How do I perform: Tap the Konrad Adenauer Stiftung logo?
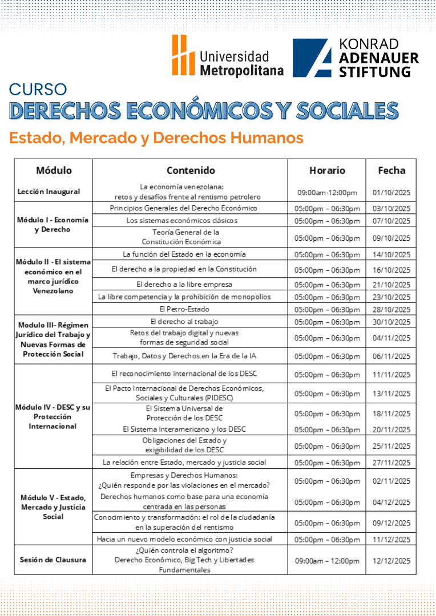coord(355,58)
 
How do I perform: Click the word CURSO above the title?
coord(38,90)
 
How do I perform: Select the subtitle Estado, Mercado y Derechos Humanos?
coord(156,137)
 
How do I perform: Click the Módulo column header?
coord(54,170)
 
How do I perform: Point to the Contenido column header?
coord(191,170)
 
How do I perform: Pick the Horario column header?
coord(327,170)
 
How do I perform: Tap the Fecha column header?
coord(391,170)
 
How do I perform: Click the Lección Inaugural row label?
coord(49,192)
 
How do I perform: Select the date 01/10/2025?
coord(391,192)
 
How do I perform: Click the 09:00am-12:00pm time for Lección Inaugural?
coord(327,192)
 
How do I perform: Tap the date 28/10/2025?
coord(391,310)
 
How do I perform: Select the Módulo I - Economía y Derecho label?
coord(53,225)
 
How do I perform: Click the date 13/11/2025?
coord(391,393)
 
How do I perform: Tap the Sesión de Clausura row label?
coord(52,560)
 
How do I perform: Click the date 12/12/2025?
coord(391,561)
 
